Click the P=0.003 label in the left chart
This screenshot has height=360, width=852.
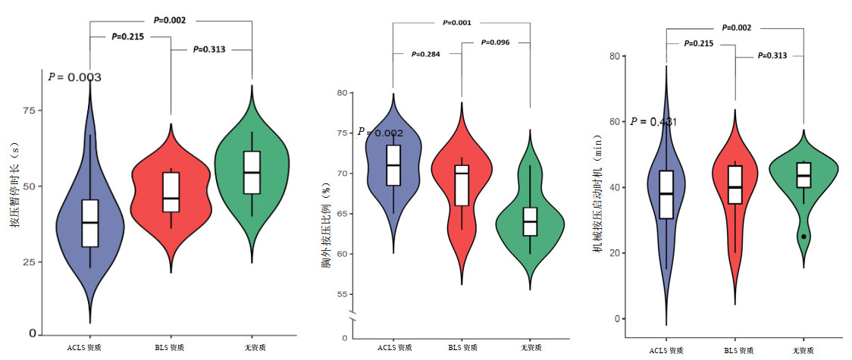(x=75, y=77)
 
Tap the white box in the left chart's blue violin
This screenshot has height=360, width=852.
(x=90, y=223)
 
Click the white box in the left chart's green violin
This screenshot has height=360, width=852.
(x=252, y=173)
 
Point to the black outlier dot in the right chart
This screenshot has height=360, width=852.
(x=803, y=236)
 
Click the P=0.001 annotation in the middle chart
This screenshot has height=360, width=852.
(x=457, y=23)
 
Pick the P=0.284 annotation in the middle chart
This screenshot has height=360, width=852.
(x=425, y=54)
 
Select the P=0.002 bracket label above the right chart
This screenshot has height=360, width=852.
(x=736, y=27)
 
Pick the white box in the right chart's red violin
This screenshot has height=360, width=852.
(x=735, y=184)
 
